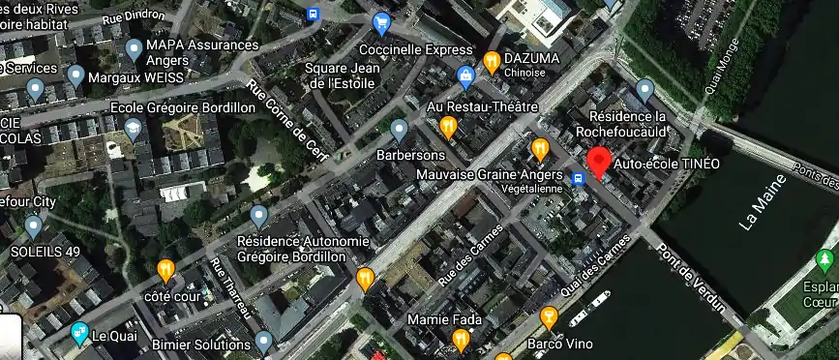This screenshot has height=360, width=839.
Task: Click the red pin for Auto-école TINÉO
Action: pyautogui.click(x=600, y=161)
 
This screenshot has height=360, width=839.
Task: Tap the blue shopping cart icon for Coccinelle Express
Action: pyautogui.click(x=381, y=22)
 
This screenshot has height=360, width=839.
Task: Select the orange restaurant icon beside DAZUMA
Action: pyautogui.click(x=492, y=61)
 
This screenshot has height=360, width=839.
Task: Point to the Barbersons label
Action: pyautogui.click(x=411, y=154)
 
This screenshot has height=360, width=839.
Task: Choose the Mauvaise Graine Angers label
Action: pyautogui.click(x=481, y=174)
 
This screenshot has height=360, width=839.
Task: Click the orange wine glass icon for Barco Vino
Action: pyautogui.click(x=549, y=315)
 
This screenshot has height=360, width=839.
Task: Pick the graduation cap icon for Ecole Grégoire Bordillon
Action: pyautogui.click(x=133, y=128)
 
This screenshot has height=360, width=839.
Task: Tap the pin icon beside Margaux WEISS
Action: pyautogui.click(x=76, y=75)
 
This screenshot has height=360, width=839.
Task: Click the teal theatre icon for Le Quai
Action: pyautogui.click(x=79, y=335)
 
